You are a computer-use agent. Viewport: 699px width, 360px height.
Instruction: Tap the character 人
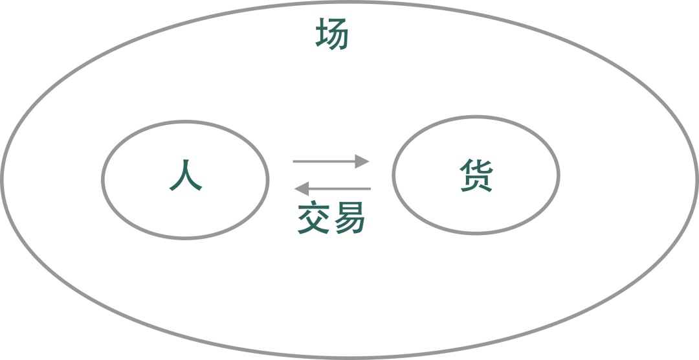tap(186, 175)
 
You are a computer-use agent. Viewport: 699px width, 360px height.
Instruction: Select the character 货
tap(476, 175)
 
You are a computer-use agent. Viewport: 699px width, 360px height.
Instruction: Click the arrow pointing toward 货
tap(331, 161)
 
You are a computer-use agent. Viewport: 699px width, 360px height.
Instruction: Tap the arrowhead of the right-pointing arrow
tap(363, 161)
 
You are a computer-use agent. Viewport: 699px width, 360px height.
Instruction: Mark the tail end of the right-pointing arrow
tap(294, 161)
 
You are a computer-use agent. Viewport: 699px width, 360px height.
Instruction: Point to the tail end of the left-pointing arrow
tap(370, 189)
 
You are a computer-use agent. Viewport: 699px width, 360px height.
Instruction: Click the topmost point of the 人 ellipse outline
tap(186, 121)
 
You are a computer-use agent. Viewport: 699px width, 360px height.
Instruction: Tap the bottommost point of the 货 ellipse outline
tap(476, 234)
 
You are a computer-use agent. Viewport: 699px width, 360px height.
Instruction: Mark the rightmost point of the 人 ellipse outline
tap(267, 179)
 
